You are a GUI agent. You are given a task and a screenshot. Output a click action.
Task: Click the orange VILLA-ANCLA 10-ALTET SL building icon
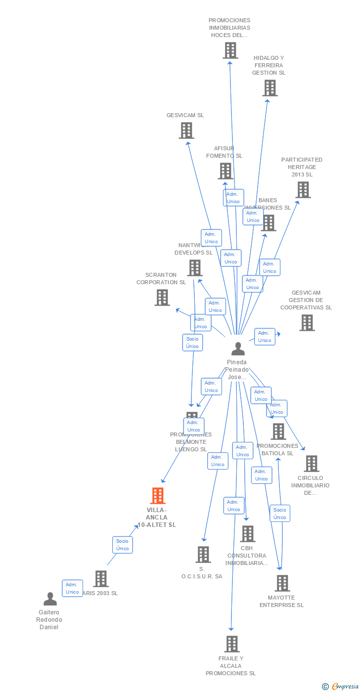[158, 495]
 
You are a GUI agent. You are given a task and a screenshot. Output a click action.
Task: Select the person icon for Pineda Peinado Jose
[238, 349]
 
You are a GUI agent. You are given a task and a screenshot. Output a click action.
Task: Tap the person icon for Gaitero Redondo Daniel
[50, 599]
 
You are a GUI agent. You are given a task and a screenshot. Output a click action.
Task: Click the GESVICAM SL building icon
[186, 130]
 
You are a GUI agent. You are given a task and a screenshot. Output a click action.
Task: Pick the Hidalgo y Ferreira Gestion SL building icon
[270, 88]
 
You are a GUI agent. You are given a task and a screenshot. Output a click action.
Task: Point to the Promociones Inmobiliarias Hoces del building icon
[230, 50]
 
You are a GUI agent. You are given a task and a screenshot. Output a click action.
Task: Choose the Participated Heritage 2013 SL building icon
[303, 189]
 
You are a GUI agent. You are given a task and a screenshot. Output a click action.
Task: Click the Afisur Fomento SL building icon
[225, 171]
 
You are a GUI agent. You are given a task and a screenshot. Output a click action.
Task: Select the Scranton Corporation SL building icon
[162, 298]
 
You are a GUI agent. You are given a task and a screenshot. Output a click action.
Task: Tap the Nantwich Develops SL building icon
[194, 268]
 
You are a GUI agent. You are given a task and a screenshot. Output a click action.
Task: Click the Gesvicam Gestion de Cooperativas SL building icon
[307, 323]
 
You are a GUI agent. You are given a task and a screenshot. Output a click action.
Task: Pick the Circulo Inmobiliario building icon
[311, 464]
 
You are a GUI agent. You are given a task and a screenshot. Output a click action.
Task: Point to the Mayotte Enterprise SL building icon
[282, 583]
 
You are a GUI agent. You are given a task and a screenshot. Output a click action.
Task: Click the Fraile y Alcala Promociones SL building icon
[231, 644]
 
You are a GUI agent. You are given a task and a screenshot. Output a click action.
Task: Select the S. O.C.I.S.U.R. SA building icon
[203, 555]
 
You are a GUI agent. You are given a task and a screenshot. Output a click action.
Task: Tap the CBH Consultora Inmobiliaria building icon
[247, 534]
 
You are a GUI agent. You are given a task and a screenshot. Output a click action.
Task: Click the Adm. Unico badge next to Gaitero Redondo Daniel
[72, 588]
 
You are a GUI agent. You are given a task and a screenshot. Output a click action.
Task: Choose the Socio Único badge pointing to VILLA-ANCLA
[122, 545]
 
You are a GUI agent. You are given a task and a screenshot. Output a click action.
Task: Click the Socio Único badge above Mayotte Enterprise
[279, 514]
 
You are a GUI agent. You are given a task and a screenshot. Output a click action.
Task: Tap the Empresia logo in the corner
[344, 686]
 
